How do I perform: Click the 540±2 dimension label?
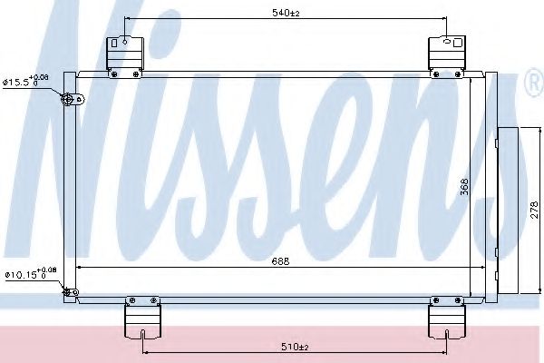tap(287, 13)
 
